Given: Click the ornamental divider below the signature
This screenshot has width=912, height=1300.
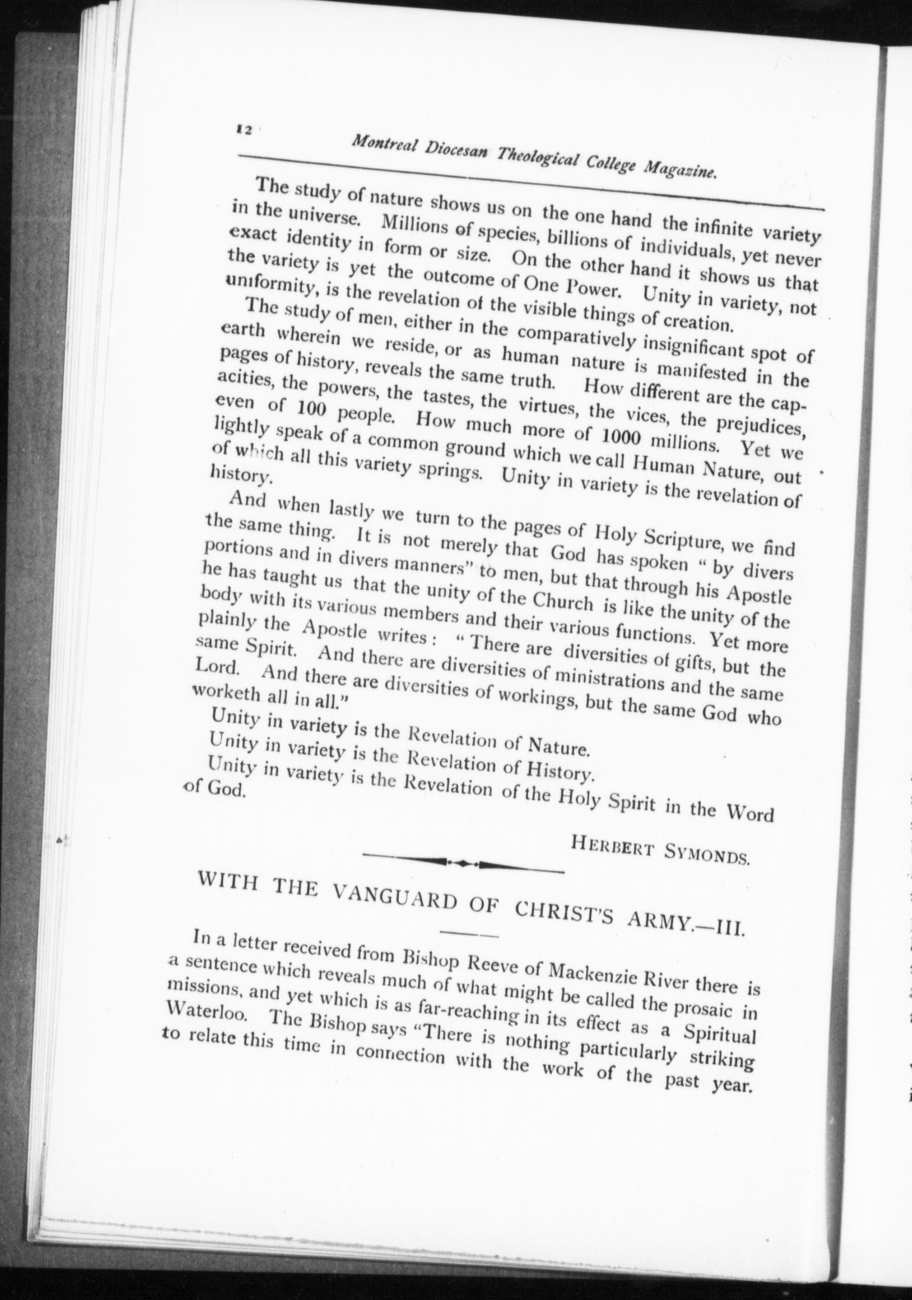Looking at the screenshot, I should [463, 862].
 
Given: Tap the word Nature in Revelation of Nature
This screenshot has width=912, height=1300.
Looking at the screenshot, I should [557, 748].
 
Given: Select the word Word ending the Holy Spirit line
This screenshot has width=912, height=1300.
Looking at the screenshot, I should [749, 814].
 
